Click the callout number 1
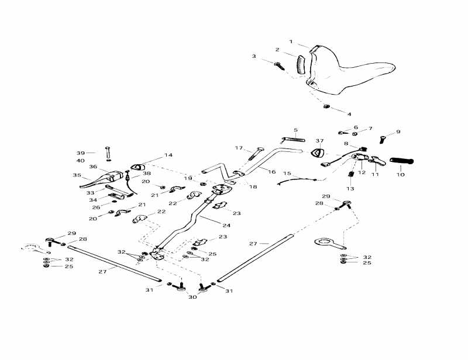click(x=291, y=41)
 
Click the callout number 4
click(x=349, y=113)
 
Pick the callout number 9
click(x=398, y=131)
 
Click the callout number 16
click(x=271, y=171)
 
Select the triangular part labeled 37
click(x=319, y=153)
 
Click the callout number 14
click(x=168, y=155)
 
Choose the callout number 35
click(x=76, y=175)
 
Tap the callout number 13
click(x=350, y=188)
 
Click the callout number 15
click(x=287, y=173)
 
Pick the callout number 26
click(x=96, y=207)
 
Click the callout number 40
click(x=80, y=161)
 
